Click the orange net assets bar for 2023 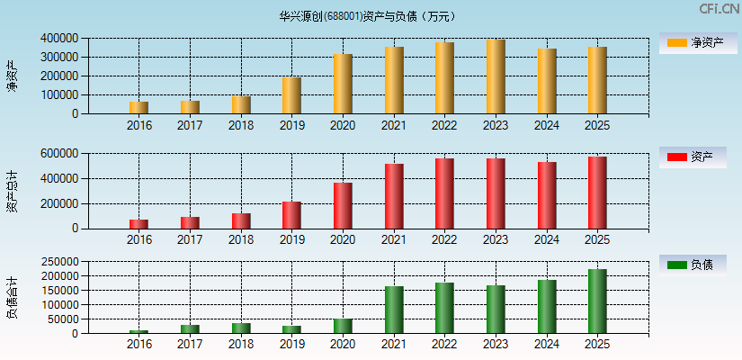click(496, 76)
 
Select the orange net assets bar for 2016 click(139, 108)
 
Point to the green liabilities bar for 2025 click(597, 301)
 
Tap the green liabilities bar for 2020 click(343, 326)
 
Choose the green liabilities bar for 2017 click(190, 329)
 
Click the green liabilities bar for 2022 click(444, 308)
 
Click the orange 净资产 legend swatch click(676, 42)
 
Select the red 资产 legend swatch click(676, 157)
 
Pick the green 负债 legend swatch click(676, 265)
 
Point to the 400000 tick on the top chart click(58, 39)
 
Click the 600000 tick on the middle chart click(58, 154)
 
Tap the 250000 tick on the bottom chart click(58, 261)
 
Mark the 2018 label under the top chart click(241, 125)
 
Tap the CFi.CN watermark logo click(719, 9)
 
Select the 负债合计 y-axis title click(12, 297)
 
